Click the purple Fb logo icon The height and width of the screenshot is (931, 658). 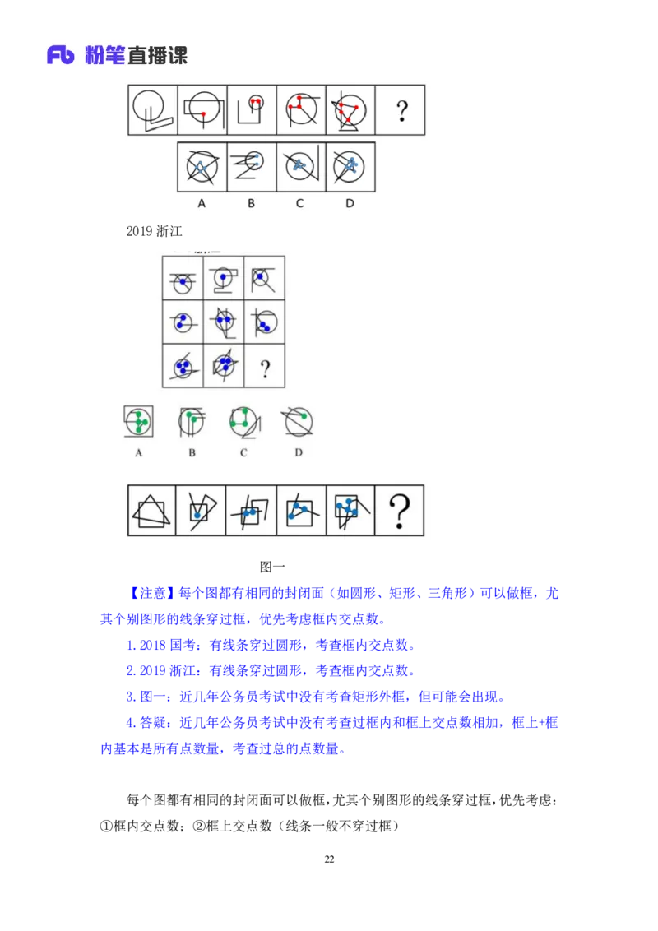[x=61, y=55]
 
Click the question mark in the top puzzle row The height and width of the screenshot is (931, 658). [x=402, y=110]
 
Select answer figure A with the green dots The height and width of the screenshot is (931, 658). [x=138, y=422]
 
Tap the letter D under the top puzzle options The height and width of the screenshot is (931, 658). [x=350, y=203]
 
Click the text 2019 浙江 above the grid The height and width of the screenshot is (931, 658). [x=154, y=231]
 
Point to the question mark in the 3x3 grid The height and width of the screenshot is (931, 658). [x=265, y=368]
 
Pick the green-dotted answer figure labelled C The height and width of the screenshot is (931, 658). [x=244, y=422]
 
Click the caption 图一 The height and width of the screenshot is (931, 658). [x=272, y=567]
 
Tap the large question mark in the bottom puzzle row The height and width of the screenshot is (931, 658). [x=399, y=512]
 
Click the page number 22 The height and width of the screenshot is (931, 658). [x=330, y=859]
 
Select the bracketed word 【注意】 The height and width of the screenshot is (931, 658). [x=152, y=592]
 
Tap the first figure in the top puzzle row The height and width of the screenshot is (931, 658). [x=153, y=110]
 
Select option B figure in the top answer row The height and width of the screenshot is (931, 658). [x=252, y=167]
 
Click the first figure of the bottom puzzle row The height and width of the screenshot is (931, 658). [x=152, y=511]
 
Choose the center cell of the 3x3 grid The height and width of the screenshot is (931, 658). [x=223, y=322]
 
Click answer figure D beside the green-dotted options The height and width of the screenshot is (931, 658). [x=297, y=422]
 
